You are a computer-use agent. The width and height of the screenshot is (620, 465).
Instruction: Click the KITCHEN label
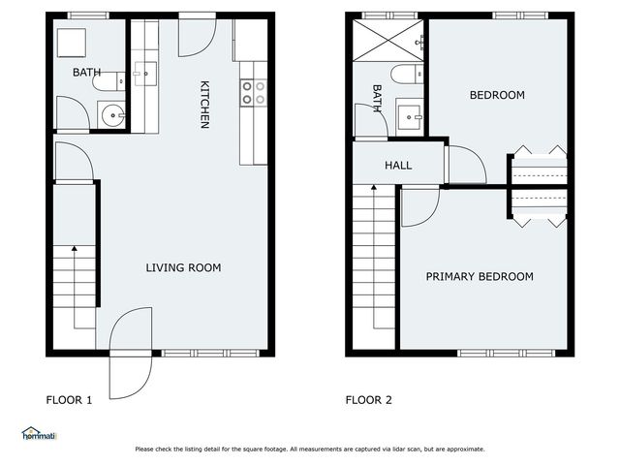204,105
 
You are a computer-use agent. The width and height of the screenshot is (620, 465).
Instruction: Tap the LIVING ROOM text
183,268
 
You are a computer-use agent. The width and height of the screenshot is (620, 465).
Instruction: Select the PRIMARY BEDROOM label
480,277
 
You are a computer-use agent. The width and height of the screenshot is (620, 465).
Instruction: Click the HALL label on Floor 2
398,166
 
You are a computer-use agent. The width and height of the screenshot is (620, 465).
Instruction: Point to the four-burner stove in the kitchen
254,92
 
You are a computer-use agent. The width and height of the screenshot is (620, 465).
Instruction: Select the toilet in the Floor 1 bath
107,82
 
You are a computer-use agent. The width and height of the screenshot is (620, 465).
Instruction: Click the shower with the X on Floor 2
385,40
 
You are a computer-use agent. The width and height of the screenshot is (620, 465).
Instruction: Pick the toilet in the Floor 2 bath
406,75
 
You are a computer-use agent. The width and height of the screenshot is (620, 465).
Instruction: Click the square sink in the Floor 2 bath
409,117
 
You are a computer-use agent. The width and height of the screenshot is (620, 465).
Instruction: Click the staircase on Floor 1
74,281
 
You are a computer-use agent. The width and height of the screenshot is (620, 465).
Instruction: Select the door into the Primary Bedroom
419,206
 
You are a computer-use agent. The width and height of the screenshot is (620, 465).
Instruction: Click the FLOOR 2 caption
369,399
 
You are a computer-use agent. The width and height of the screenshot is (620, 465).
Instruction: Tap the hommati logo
39,435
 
